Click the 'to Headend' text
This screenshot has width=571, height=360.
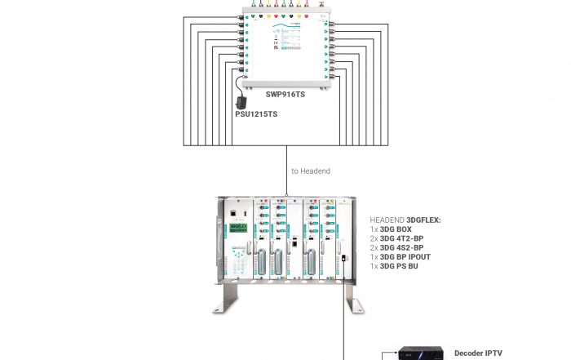(311, 171)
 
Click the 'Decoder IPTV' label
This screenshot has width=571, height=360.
(478, 353)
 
